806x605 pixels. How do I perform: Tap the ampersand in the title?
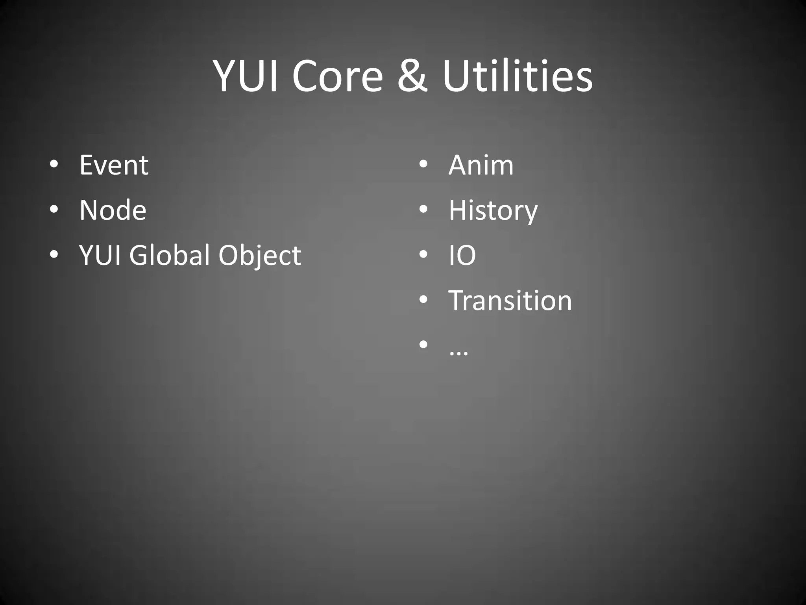coord(412,76)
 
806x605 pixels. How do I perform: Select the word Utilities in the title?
coord(517,76)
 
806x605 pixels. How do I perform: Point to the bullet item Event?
coord(114,165)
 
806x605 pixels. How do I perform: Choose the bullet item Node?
coord(113,210)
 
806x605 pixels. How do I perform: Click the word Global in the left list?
coord(170,255)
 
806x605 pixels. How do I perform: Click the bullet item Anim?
coord(481,165)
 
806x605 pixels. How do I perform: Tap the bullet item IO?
coord(462,255)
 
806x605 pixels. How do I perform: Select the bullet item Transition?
coord(510,301)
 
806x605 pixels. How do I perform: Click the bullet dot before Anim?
coord(423,164)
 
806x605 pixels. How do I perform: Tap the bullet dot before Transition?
coord(423,300)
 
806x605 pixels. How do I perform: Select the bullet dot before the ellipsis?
coord(423,345)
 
